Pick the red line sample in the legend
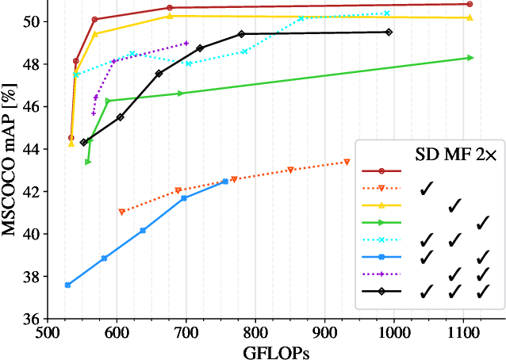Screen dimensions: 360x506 coord(381,170)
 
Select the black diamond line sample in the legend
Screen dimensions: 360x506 coord(381,292)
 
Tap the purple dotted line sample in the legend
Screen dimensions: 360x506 coord(381,274)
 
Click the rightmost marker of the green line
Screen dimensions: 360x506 coord(470,58)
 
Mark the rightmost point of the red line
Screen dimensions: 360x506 coord(470,4)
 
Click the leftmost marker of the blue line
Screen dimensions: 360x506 coord(67,285)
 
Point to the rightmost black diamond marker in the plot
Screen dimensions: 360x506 coord(389,32)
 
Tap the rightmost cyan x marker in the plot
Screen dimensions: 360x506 coord(387,13)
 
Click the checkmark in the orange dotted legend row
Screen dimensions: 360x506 coord(427,188)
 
